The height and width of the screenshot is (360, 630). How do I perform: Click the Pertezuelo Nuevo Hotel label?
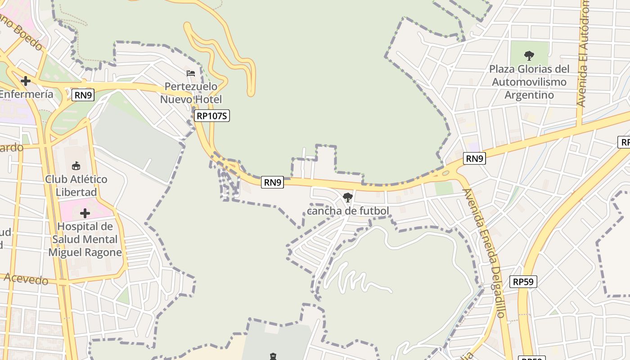pyautogui.click(x=191, y=93)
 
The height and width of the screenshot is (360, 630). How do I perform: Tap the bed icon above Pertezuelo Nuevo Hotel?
pyautogui.click(x=191, y=73)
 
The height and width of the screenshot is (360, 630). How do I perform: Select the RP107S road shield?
pyautogui.click(x=212, y=116)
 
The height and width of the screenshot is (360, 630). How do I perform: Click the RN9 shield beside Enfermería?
pyautogui.click(x=83, y=95)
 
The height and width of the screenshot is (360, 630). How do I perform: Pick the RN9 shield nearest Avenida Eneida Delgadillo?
pyautogui.click(x=474, y=158)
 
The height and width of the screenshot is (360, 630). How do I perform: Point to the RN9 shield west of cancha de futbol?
pyautogui.click(x=273, y=182)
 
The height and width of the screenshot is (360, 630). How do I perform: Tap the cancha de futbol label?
pyautogui.click(x=348, y=211)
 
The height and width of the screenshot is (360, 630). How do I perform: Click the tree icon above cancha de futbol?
pyautogui.click(x=347, y=197)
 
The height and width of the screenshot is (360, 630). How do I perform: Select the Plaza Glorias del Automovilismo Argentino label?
pyautogui.click(x=529, y=82)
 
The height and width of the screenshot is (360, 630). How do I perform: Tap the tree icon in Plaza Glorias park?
pyautogui.click(x=529, y=56)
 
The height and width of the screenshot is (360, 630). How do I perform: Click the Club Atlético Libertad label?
pyautogui.click(x=76, y=185)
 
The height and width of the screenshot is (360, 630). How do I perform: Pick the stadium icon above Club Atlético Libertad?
pyautogui.click(x=76, y=166)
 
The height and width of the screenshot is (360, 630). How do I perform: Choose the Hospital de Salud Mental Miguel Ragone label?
pyautogui.click(x=85, y=239)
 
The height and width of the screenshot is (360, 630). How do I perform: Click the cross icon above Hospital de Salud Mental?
pyautogui.click(x=85, y=213)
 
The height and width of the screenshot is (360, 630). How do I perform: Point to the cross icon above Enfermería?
pyautogui.click(x=26, y=81)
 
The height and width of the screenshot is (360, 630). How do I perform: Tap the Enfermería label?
pyautogui.click(x=26, y=94)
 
